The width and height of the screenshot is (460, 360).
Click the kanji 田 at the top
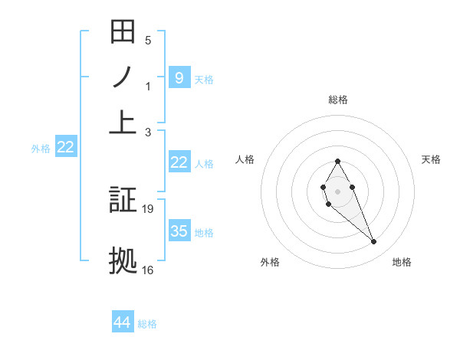click(x=123, y=33)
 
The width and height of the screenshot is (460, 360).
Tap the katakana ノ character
click(x=123, y=78)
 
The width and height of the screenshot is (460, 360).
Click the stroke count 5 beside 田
click(x=148, y=41)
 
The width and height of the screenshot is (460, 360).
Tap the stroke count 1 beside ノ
click(x=148, y=86)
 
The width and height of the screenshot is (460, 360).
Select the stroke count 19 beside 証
click(x=149, y=208)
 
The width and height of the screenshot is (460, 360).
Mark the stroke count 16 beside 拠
click(x=149, y=269)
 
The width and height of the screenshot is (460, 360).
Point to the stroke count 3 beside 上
click(x=148, y=131)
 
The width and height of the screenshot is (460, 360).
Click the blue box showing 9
click(x=179, y=77)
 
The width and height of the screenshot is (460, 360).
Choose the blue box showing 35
click(x=179, y=231)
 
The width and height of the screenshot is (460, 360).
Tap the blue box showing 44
click(x=123, y=322)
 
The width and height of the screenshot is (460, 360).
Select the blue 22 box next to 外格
click(x=65, y=147)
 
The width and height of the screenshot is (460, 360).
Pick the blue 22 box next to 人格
click(x=179, y=162)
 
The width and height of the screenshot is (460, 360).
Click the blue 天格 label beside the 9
click(x=204, y=79)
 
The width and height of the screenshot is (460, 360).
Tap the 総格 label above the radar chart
click(x=338, y=100)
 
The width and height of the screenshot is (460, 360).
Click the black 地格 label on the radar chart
click(x=402, y=262)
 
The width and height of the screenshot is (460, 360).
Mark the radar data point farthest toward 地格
click(x=374, y=242)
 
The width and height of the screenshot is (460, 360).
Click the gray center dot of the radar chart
click(x=337, y=190)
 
